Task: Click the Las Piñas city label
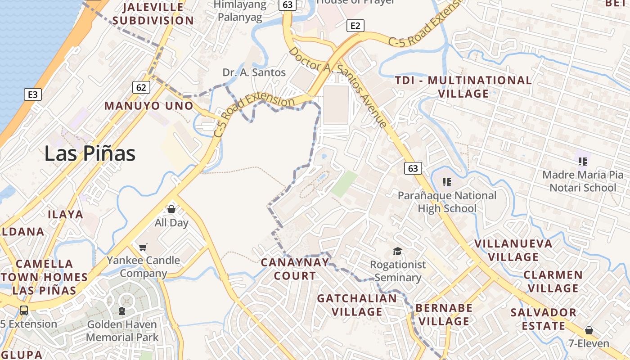click(x=90, y=154)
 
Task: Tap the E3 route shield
click(x=33, y=94)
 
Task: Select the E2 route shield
click(x=355, y=26)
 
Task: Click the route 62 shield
click(x=141, y=87)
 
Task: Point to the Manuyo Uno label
click(x=149, y=106)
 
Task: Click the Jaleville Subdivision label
click(x=153, y=14)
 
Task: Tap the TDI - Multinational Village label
click(x=463, y=87)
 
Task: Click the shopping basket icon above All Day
click(x=171, y=209)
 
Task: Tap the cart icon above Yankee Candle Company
click(x=143, y=247)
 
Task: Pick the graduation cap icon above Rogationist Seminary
click(x=397, y=251)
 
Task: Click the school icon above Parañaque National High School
click(x=446, y=182)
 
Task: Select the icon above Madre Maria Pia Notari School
click(x=583, y=161)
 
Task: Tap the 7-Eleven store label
click(x=589, y=344)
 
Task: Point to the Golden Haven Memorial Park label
click(x=122, y=331)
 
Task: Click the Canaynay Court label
click(x=295, y=269)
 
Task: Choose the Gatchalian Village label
click(x=357, y=305)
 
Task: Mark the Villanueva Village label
click(x=513, y=250)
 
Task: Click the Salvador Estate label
click(x=543, y=319)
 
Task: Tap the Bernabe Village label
click(x=444, y=315)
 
